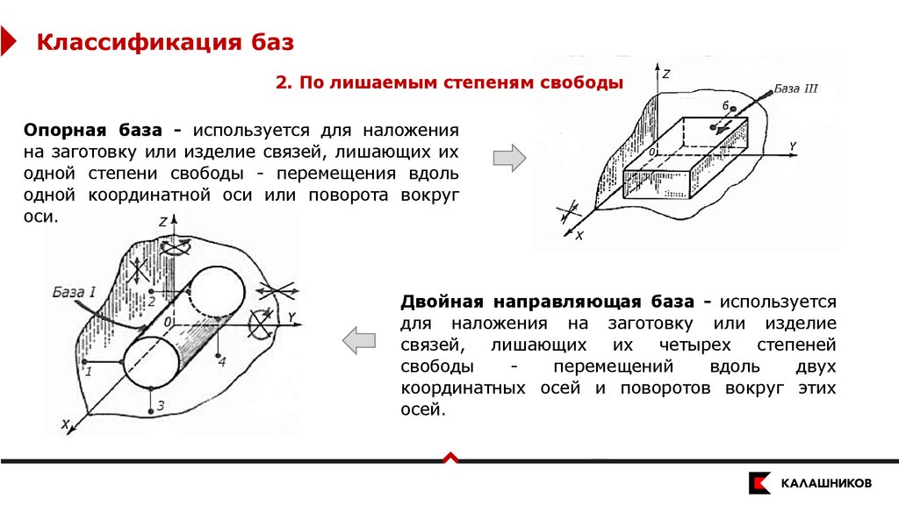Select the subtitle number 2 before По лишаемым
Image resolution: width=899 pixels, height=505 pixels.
282,83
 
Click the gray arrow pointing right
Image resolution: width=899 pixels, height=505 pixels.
508,158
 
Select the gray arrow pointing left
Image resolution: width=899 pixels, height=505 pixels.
358,340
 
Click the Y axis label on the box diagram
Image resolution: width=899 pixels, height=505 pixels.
792,146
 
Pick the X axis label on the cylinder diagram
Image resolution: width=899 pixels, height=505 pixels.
65,424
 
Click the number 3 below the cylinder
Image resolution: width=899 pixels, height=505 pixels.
161,404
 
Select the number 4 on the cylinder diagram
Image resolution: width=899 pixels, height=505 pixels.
221,360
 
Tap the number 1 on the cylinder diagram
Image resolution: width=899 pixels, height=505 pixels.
88,371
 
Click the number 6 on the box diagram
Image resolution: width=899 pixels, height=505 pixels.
725,105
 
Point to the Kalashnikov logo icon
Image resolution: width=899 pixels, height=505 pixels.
759,482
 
